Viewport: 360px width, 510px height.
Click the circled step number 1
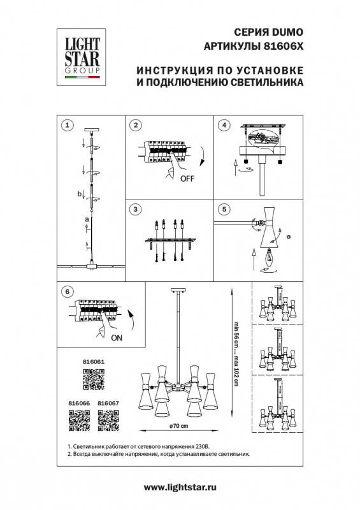point(69,124)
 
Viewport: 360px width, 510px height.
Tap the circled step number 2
point(135,124)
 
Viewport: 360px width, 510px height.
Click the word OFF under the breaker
point(187,179)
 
